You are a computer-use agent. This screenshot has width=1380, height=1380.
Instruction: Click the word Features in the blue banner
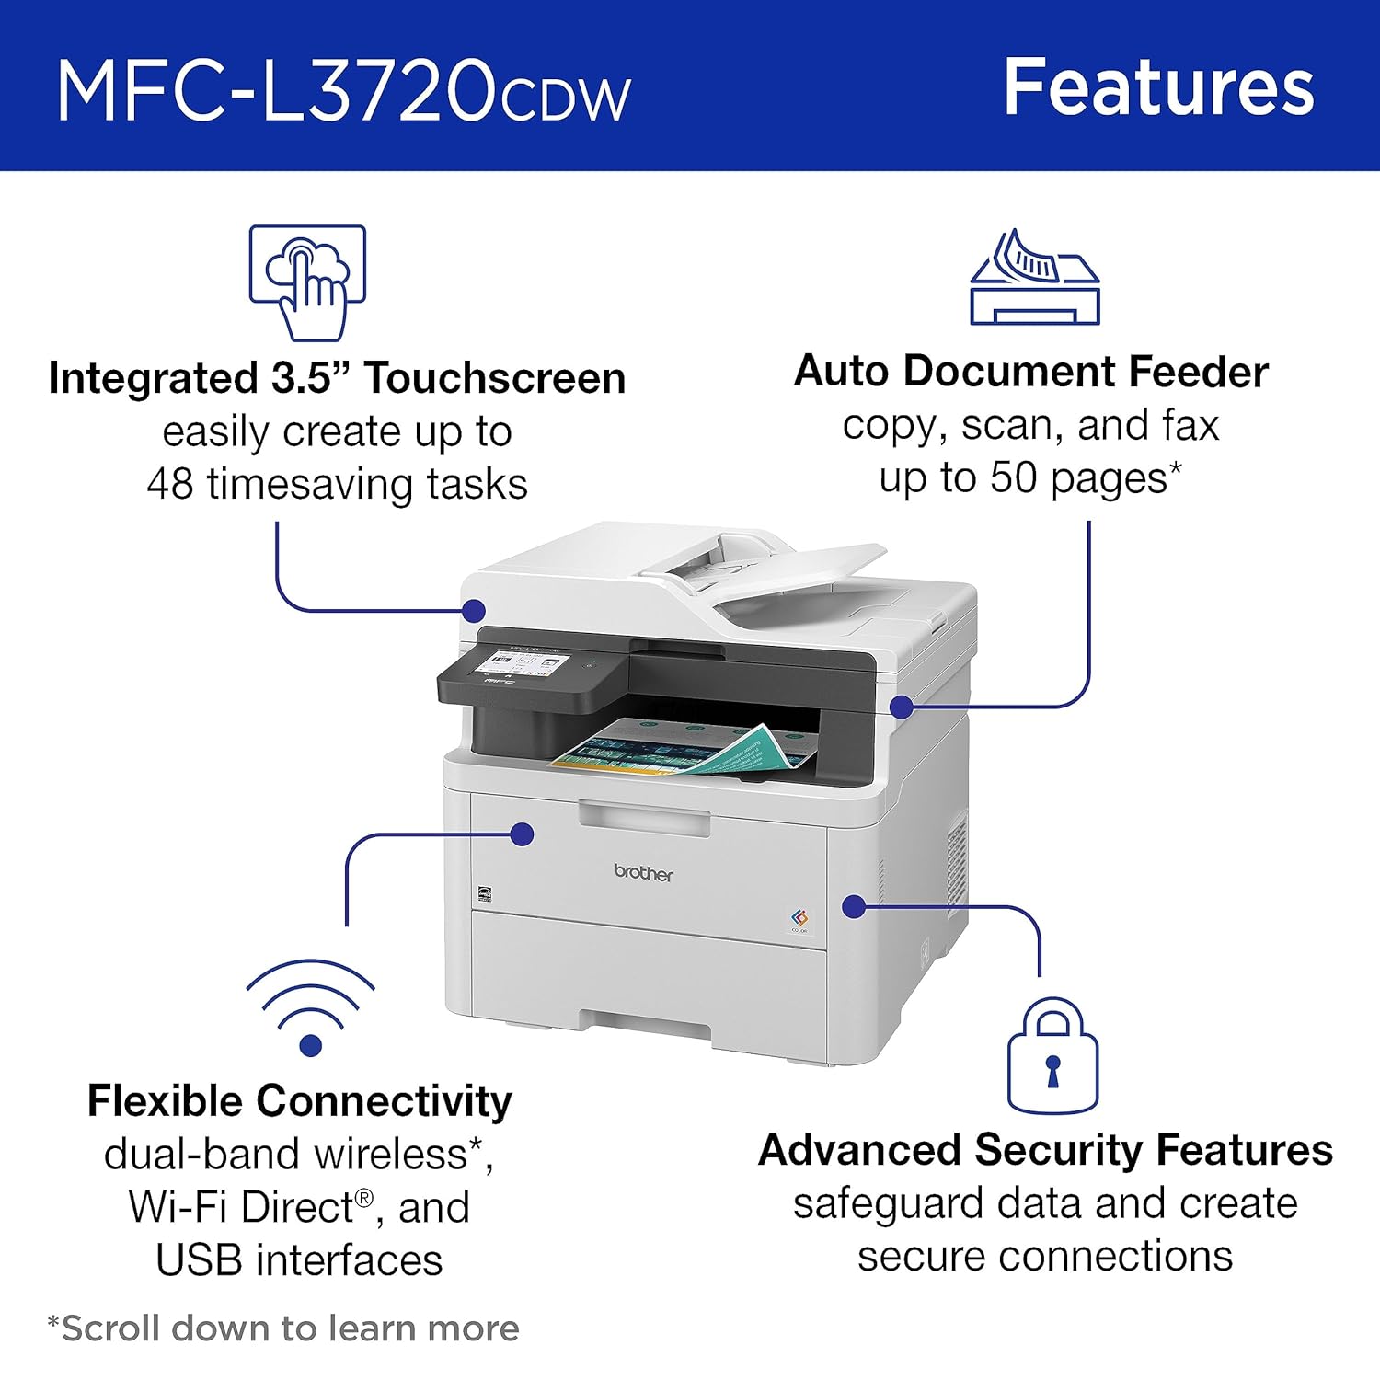(1159, 86)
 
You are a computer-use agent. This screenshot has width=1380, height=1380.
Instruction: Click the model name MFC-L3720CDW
(343, 89)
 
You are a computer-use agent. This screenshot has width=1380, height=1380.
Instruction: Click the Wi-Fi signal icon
(311, 1007)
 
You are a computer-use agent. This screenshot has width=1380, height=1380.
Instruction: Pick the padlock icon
(1052, 1055)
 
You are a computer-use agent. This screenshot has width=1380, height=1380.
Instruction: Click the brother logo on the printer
(643, 872)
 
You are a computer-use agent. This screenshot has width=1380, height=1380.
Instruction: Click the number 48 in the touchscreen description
(170, 484)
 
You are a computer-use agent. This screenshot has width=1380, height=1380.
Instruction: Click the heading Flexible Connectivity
(299, 1100)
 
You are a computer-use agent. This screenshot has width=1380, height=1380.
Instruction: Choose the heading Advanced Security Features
(1045, 1150)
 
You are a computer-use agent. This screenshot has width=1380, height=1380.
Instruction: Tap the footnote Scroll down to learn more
(283, 1328)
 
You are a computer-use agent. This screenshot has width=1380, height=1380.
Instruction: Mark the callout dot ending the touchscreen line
(474, 610)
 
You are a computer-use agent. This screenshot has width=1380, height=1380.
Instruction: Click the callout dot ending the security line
(854, 906)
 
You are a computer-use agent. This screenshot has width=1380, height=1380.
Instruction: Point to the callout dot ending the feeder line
(902, 707)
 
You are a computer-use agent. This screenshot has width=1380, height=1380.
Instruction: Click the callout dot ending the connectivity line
(522, 834)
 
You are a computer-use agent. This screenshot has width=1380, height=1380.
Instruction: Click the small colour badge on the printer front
(799, 920)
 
